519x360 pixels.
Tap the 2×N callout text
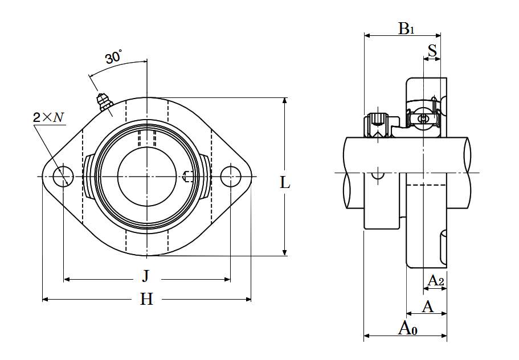(x=48, y=118)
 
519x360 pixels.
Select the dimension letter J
(x=146, y=277)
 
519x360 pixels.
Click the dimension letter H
(x=147, y=299)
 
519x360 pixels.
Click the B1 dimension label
(x=406, y=28)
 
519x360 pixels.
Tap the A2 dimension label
(x=436, y=280)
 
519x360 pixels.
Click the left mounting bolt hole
(x=63, y=177)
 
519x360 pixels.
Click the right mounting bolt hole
(x=230, y=177)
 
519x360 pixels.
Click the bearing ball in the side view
(x=423, y=118)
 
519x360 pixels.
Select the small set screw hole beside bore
(x=189, y=177)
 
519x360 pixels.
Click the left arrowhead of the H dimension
(x=45, y=299)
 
